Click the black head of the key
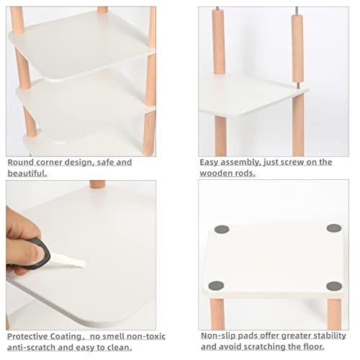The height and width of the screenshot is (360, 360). [39, 253]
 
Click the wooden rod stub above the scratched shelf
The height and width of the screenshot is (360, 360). [97, 184]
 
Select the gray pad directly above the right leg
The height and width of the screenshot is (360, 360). [333, 286]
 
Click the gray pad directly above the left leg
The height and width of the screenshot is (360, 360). [215, 286]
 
